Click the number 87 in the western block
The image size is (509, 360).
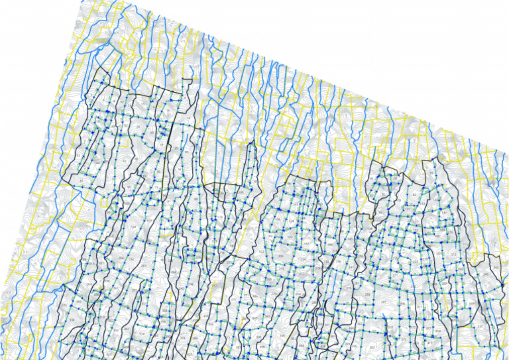coord(82,180)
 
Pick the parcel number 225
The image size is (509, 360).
coord(415,263)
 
